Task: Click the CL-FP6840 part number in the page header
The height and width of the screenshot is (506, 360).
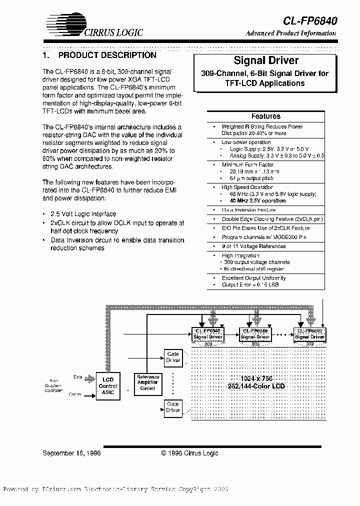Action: [310, 20]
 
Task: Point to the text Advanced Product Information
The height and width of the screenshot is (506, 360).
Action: [290, 33]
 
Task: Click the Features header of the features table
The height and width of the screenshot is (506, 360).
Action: [265, 116]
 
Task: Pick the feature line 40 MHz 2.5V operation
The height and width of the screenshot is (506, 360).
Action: [257, 200]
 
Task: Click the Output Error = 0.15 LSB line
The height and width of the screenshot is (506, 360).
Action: [250, 284]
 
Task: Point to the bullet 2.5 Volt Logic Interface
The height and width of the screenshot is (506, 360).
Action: [83, 214]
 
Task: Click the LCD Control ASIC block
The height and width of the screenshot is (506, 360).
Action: [108, 386]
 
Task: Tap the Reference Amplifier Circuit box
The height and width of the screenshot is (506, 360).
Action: [148, 382]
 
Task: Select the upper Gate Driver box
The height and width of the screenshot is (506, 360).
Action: [173, 357]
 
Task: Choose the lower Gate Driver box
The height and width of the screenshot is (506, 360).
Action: [173, 407]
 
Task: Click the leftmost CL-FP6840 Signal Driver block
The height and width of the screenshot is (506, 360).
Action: [208, 334]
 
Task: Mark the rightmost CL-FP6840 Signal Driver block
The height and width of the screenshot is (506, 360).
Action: [310, 334]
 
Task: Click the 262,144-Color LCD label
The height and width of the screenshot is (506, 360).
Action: [256, 386]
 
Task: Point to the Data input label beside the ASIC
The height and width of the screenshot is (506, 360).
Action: [78, 377]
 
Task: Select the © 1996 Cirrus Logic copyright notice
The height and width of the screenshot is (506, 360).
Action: [189, 453]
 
